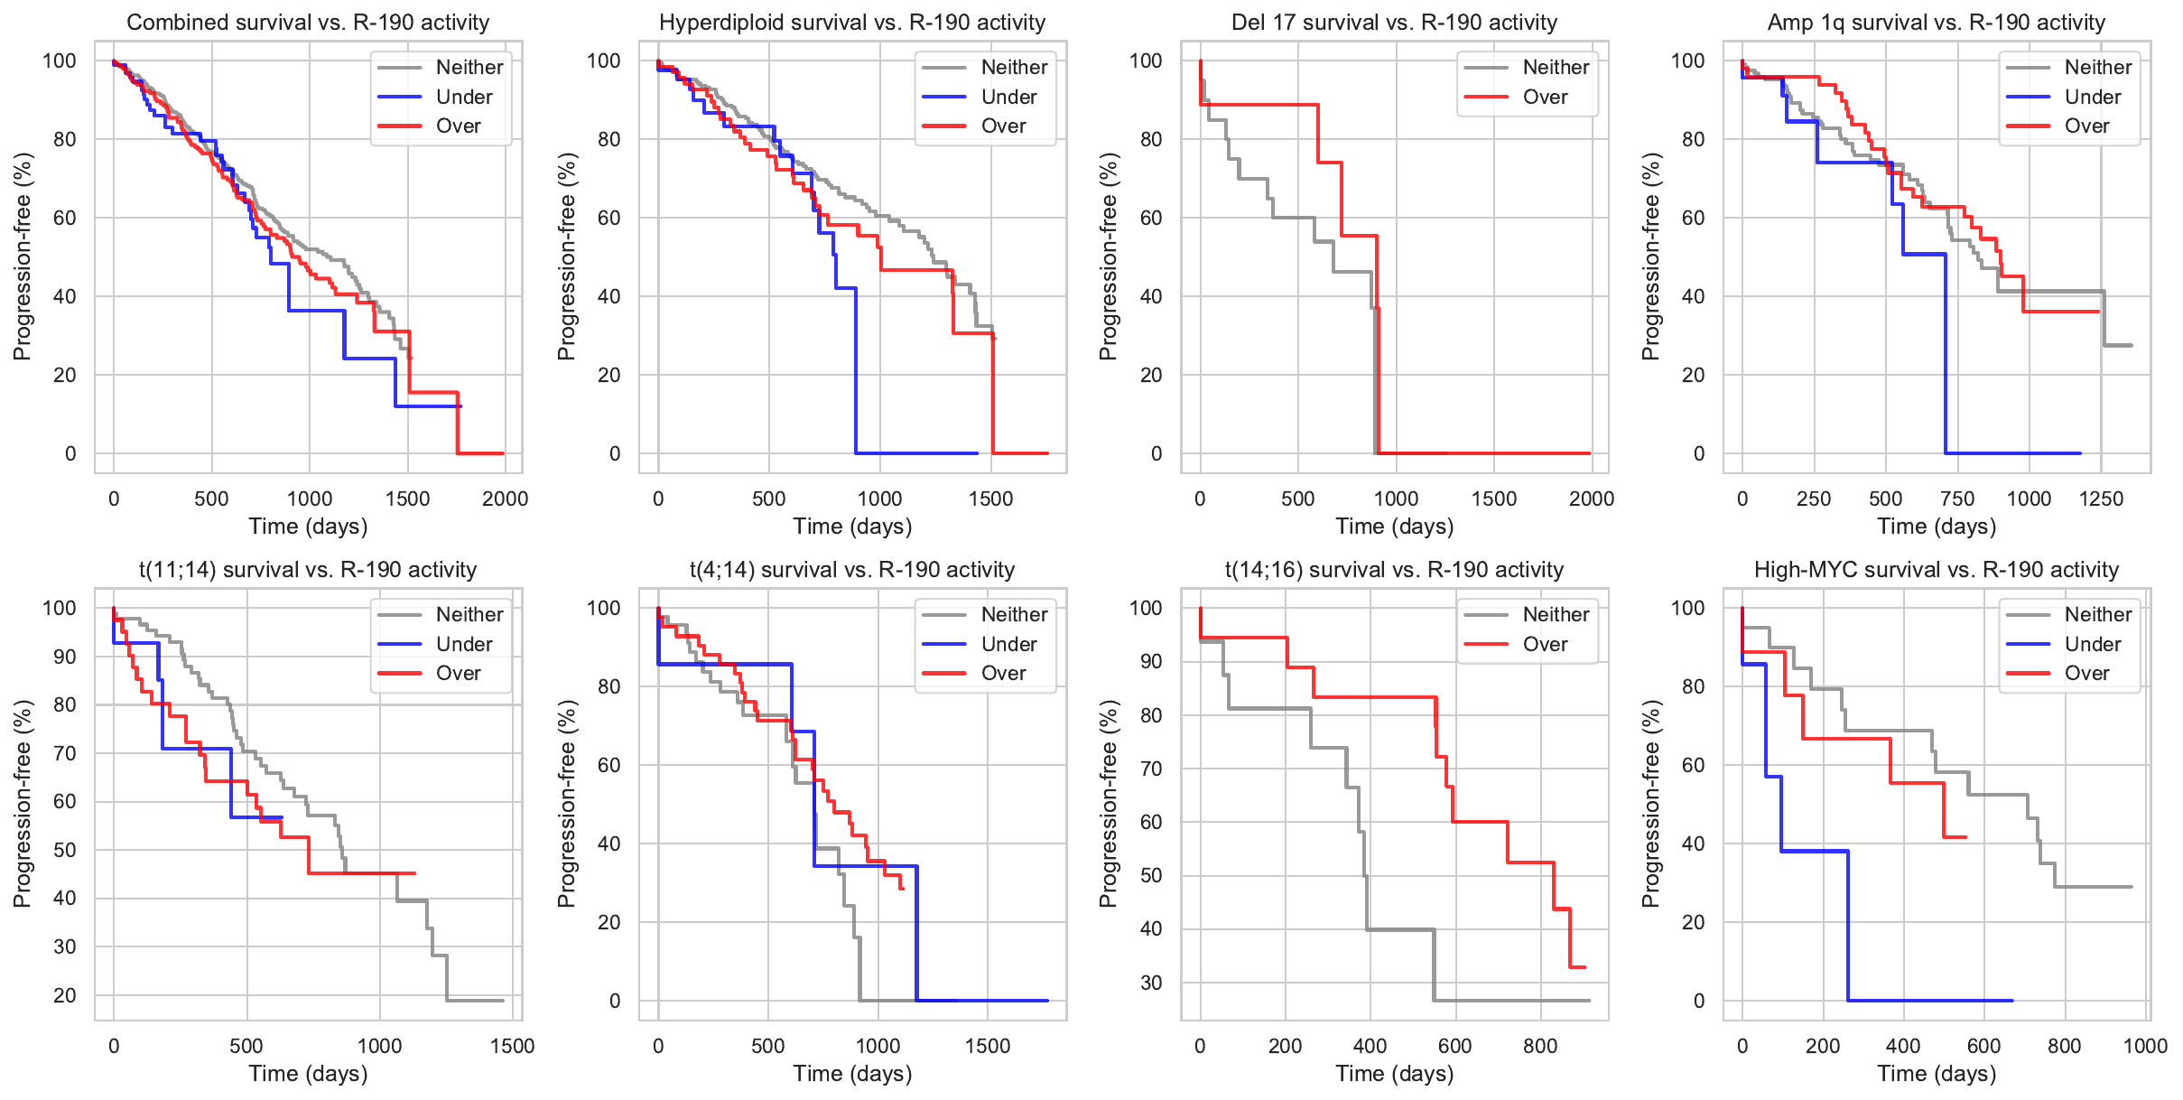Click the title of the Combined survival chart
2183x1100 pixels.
[x=308, y=23]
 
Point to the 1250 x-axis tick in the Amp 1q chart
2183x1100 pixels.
[x=2101, y=499]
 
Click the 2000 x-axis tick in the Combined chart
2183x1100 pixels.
[x=505, y=499]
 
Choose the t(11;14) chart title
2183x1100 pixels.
[x=308, y=570]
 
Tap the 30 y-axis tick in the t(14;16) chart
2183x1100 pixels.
[x=1150, y=983]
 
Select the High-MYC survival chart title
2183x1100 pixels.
[x=1936, y=570]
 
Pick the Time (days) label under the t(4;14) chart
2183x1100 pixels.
[x=852, y=1074]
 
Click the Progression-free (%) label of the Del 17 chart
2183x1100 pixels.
[x=1108, y=256]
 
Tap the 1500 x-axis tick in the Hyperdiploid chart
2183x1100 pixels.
[x=990, y=499]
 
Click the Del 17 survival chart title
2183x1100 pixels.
[x=1394, y=23]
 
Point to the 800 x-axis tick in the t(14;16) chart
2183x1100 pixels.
[x=1540, y=1046]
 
